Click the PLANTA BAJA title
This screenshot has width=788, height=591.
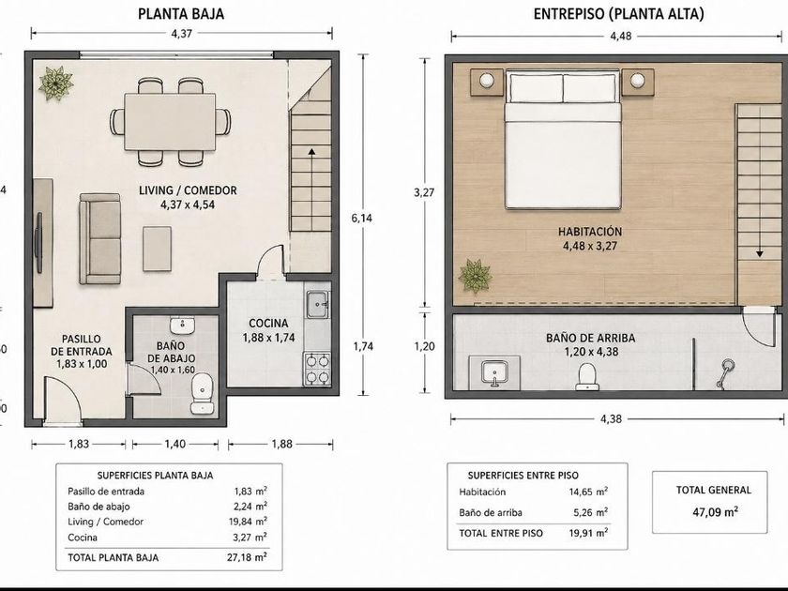coord(181,13)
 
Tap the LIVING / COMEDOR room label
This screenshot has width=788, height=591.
coord(188,190)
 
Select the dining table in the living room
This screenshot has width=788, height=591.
coord(171,121)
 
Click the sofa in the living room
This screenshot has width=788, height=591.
coord(100,239)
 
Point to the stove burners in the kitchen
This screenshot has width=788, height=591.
coord(317,369)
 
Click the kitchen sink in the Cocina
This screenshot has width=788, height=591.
coord(318,304)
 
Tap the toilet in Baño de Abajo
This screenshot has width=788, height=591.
coord(203,393)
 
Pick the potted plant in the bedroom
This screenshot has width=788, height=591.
coord(474,276)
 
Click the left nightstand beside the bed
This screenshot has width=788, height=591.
coord(487,82)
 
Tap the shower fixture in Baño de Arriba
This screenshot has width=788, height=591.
coord(724,372)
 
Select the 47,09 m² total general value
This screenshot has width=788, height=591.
coord(715,512)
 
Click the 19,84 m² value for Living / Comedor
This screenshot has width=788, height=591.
coord(248,522)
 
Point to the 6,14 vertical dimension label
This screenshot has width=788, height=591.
coord(362,218)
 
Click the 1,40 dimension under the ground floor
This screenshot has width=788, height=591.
coord(174,444)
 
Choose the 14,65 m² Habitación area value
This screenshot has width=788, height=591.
coord(588,492)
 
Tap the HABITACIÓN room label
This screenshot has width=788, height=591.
coord(590,232)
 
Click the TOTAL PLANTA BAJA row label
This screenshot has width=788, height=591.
coord(114,557)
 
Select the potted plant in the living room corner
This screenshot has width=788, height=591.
coord(55,83)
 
